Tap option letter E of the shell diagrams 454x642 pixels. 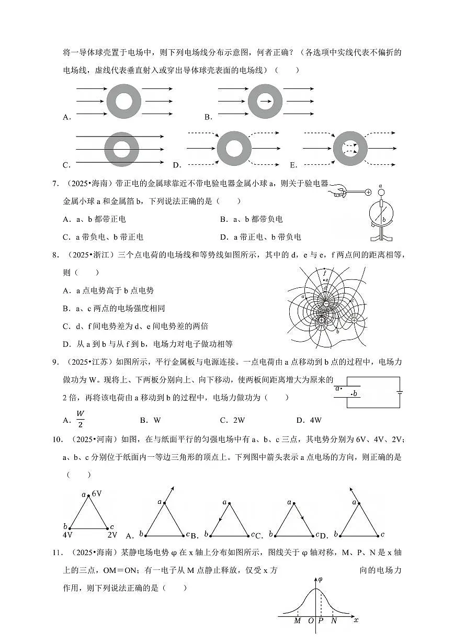pyautogui.click(x=293, y=165)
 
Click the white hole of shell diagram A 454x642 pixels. pyautogui.click(x=124, y=101)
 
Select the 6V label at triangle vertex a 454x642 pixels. pyautogui.click(x=96, y=493)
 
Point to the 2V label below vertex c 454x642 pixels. pyautogui.click(x=112, y=535)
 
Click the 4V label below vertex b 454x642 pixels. pyautogui.click(x=67, y=535)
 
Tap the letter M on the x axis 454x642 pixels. pyautogui.click(x=297, y=621)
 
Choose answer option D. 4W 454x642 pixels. pyautogui.click(x=309, y=420)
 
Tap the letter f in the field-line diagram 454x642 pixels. pyautogui.click(x=324, y=272)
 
